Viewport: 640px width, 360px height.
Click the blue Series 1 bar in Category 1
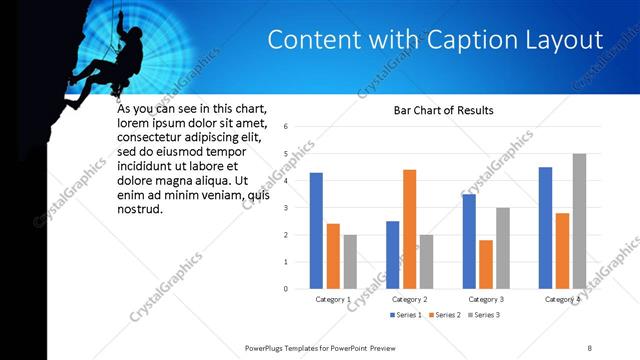click(316, 231)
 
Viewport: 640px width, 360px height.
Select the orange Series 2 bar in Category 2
click(409, 229)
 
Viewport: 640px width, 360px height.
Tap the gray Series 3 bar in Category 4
click(579, 221)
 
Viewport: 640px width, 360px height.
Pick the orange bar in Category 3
click(486, 264)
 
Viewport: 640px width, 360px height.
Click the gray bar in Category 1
click(350, 262)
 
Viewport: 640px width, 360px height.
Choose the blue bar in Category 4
click(545, 228)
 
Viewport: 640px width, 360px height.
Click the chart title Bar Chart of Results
click(443, 110)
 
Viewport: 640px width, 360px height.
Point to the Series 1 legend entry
click(405, 315)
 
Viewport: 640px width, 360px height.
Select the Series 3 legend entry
click(482, 315)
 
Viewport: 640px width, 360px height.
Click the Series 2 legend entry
click(444, 315)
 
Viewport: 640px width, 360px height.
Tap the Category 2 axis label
click(409, 299)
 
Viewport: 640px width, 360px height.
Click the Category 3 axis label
click(486, 299)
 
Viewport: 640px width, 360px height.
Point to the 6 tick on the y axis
click(286, 127)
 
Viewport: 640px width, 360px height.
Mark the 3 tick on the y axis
click(286, 208)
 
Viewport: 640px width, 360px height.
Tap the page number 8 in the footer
click(590, 346)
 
